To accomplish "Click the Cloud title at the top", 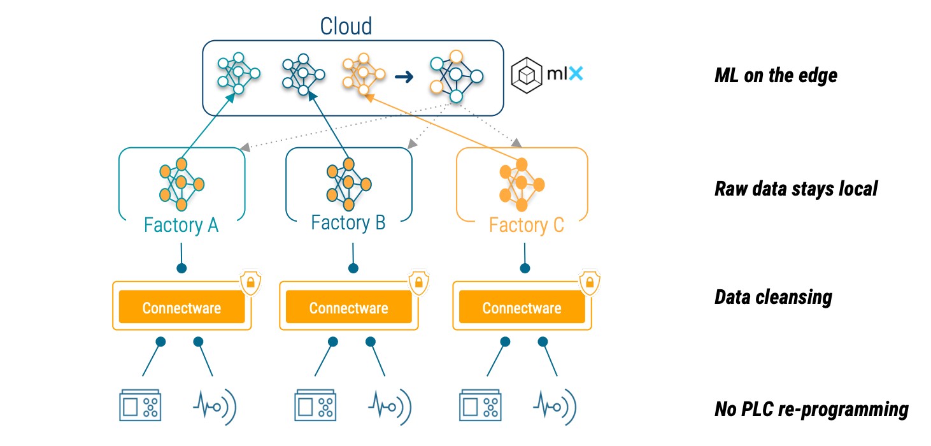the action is (x=346, y=26).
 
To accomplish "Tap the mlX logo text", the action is (x=565, y=74).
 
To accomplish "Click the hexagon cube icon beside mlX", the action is (x=527, y=75).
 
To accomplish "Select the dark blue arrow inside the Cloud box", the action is (x=404, y=76).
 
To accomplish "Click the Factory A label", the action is (x=181, y=226).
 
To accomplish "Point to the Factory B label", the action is (x=348, y=223).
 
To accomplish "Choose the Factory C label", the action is (x=526, y=226).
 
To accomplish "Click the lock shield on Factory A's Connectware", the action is (x=251, y=283).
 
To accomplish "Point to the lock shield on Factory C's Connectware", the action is (x=590, y=283).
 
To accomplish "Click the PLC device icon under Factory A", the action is (x=140, y=405).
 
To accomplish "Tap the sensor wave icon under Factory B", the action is (x=390, y=407).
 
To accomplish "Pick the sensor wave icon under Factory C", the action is (x=555, y=407).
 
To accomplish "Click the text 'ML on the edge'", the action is (x=776, y=76).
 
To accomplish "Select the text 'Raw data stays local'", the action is (x=796, y=189).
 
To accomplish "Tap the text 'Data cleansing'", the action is (x=773, y=298).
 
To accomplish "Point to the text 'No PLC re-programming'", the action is (x=811, y=410).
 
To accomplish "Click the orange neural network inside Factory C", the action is (x=522, y=185).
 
